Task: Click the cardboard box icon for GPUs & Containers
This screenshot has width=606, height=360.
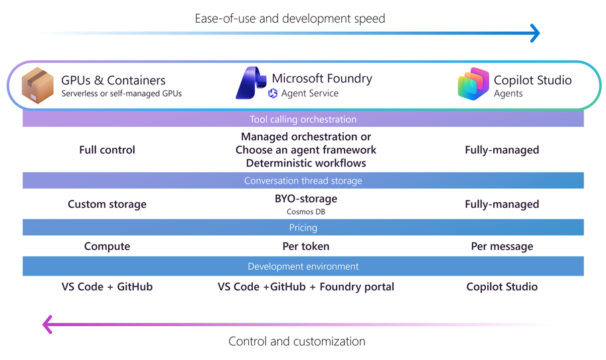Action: [x=38, y=85]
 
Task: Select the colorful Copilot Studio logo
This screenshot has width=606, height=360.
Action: [x=473, y=84]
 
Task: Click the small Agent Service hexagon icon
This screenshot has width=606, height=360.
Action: [x=273, y=94]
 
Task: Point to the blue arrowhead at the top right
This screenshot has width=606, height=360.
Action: [x=535, y=33]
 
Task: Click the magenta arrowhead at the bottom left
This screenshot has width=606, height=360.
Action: [x=48, y=324]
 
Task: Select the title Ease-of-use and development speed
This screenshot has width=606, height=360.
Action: [x=289, y=18]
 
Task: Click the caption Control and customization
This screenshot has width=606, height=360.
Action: [x=297, y=341]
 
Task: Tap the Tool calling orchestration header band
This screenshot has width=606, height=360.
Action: [x=303, y=120]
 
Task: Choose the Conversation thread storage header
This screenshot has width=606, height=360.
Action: [x=303, y=181]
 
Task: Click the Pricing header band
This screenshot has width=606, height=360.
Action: [x=303, y=227]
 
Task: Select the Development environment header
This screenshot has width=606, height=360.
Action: [x=303, y=266]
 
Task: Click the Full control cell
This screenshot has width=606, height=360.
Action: [x=107, y=150]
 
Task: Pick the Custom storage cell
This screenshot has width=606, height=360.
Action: [x=107, y=205]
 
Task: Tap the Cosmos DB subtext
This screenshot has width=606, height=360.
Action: [x=305, y=212]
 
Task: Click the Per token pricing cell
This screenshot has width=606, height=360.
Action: [x=305, y=246]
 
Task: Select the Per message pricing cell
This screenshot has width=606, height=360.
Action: [x=502, y=246]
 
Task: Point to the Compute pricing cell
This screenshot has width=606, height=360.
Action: [x=107, y=246]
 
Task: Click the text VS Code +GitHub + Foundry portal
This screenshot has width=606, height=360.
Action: [x=305, y=287]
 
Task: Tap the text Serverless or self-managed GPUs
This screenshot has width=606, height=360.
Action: [x=121, y=94]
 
